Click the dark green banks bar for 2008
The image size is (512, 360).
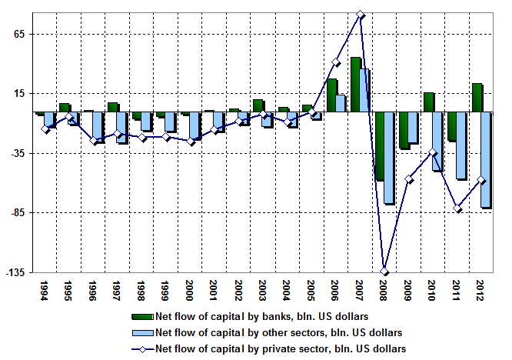(x=379, y=146)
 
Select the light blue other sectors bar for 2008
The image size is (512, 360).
(x=388, y=158)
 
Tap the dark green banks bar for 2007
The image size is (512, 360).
(x=355, y=85)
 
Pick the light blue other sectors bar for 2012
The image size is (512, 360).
(x=486, y=160)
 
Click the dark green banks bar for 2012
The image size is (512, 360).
(x=477, y=98)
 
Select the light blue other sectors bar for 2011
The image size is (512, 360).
(x=461, y=145)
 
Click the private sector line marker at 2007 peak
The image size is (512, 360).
(x=361, y=15)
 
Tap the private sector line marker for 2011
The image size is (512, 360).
(x=457, y=209)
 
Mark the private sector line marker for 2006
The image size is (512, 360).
(x=336, y=62)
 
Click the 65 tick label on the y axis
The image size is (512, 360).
(x=21, y=34)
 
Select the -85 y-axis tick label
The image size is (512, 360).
(x=19, y=213)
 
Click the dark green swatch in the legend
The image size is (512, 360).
(x=143, y=316)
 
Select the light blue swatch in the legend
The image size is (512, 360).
(x=143, y=332)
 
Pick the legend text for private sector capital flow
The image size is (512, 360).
(x=280, y=348)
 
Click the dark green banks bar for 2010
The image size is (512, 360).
(x=428, y=102)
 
